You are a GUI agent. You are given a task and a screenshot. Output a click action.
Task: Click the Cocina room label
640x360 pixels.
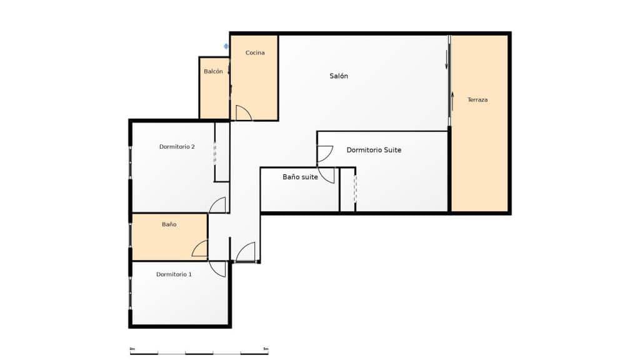pos(255,52)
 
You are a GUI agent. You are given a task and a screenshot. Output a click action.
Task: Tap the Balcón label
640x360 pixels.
pos(213,71)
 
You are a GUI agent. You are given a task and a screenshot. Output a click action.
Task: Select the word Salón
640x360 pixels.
pos(339,76)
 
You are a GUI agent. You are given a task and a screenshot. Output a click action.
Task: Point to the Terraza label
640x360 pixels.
pos(477,99)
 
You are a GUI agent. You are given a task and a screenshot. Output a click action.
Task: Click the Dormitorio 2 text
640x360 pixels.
pos(177,147)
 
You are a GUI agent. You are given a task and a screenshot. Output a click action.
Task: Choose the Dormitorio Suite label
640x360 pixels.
pos(374,150)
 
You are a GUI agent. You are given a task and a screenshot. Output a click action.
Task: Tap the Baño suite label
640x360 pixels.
pos(300,177)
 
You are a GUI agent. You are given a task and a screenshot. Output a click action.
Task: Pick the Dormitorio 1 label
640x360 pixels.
pos(174,274)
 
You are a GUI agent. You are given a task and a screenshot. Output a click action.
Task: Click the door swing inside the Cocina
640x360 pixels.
pos(243,113)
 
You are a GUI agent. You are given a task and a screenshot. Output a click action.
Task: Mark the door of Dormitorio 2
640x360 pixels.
pos(217,205)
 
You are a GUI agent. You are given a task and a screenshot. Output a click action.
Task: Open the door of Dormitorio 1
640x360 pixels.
pos(217,269)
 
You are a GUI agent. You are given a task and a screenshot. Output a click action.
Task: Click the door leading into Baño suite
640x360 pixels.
pos(326,175)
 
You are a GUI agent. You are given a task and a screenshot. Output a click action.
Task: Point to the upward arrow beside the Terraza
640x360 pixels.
pos(452,99)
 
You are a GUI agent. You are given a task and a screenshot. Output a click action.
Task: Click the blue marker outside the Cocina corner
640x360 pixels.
pos(226,46)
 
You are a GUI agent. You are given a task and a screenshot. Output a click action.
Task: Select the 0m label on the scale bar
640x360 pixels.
pos(132,348)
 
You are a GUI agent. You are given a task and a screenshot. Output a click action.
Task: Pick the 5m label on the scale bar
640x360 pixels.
pos(266,348)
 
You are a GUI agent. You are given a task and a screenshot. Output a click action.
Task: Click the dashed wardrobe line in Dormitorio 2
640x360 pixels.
pos(215,153)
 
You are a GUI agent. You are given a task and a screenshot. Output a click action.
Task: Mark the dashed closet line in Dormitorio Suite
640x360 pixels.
pos(355,189)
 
